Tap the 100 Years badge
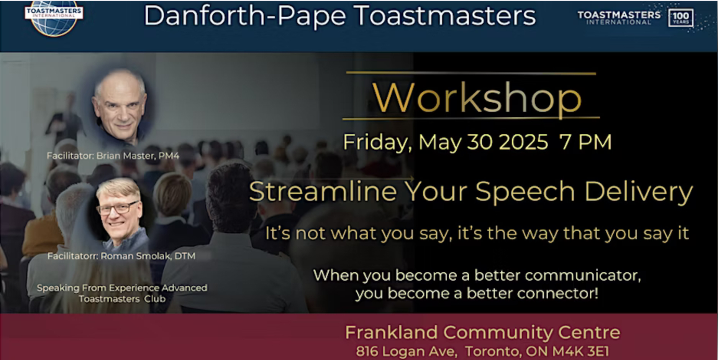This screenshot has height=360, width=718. click(x=680, y=18)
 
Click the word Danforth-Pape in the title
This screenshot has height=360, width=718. click(x=245, y=16)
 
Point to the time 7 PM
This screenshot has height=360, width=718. click(x=585, y=142)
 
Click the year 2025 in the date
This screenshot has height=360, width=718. click(x=523, y=142)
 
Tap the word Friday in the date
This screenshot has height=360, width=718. click(x=376, y=142)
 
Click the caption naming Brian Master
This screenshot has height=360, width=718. click(x=113, y=156)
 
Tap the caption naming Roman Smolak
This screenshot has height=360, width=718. click(x=121, y=256)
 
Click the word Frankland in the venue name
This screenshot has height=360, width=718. click(x=391, y=332)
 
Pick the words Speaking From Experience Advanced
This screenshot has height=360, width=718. click(x=122, y=288)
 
